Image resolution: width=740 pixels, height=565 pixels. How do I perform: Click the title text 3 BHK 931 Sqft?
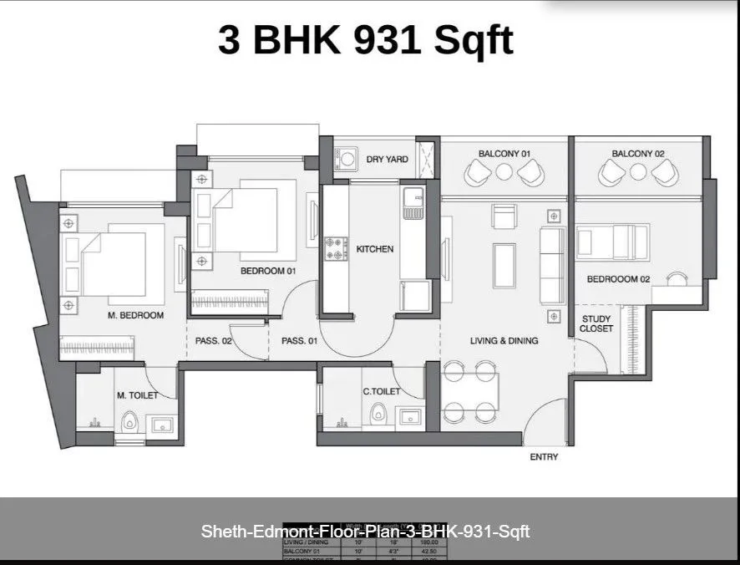366,40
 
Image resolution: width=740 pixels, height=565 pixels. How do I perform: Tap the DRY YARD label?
387,159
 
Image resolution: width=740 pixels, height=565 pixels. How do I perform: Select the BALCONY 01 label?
504,154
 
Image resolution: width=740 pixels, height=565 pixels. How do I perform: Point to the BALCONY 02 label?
638,154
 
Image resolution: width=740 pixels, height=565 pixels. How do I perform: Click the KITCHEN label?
374,249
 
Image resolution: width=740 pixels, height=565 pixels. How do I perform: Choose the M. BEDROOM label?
135,316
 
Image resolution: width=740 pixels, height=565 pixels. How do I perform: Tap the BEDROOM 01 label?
269,271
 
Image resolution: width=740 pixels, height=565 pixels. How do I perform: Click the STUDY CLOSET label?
596,324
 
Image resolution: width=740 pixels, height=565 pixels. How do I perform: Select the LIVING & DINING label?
504,341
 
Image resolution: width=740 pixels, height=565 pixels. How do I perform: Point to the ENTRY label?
544,457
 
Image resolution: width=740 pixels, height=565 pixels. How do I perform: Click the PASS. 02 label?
214,341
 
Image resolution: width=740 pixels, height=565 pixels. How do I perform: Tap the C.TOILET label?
381,391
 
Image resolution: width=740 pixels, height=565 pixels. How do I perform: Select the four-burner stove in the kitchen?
336,247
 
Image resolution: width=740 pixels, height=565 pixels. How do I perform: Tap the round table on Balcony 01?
504,172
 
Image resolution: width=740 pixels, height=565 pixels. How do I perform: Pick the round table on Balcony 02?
638,172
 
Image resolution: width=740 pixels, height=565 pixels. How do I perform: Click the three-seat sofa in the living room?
551,266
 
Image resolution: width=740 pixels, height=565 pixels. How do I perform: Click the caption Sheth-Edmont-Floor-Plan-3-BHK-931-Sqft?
366,532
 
